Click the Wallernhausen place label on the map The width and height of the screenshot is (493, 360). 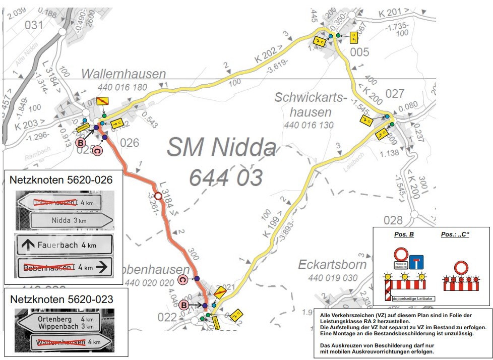[124, 74]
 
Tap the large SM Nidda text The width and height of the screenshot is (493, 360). [222, 148]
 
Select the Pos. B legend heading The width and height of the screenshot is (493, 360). [404, 235]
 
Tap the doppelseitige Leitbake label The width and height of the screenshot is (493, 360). [414, 299]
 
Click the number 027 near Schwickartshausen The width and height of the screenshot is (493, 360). [394, 93]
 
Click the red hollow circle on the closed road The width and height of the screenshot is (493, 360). [158, 196]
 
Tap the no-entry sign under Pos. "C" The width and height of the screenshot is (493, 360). [461, 267]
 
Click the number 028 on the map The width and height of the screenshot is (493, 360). [393, 220]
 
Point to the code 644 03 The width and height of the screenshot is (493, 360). [226, 177]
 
